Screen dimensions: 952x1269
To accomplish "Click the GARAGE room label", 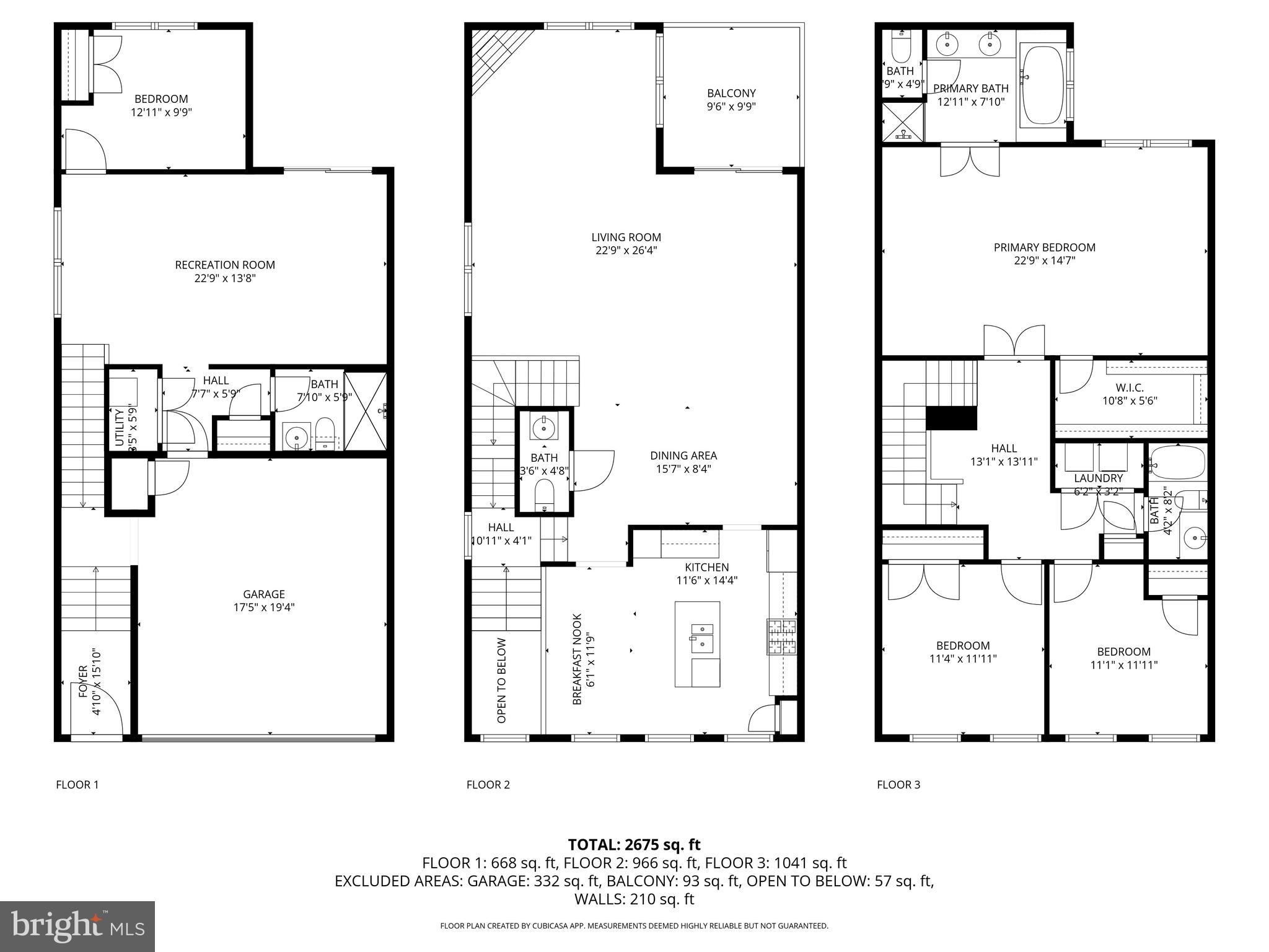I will click(x=263, y=594).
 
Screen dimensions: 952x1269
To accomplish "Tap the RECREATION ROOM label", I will click(x=225, y=265).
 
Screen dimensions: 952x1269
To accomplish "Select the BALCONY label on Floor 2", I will click(x=731, y=93).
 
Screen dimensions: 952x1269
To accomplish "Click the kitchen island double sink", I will click(x=702, y=637).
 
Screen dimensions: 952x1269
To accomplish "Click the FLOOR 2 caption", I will click(x=488, y=785).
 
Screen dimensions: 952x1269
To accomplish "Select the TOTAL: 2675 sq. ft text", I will click(x=634, y=844).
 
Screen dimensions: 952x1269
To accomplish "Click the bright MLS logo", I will click(x=77, y=926).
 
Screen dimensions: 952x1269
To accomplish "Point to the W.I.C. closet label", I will click(x=1131, y=387).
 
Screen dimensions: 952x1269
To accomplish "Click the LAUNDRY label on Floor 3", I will click(x=1098, y=478).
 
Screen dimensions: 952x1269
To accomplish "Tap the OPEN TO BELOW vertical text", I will click(x=502, y=681).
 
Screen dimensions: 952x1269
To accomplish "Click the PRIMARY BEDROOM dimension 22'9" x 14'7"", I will click(x=1044, y=261).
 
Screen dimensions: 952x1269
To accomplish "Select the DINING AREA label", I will click(x=683, y=456).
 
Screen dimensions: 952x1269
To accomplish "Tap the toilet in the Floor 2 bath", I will click(x=545, y=496).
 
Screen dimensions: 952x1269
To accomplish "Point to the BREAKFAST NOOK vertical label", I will click(x=577, y=659).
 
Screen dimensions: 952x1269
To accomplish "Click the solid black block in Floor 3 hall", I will click(x=951, y=418).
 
